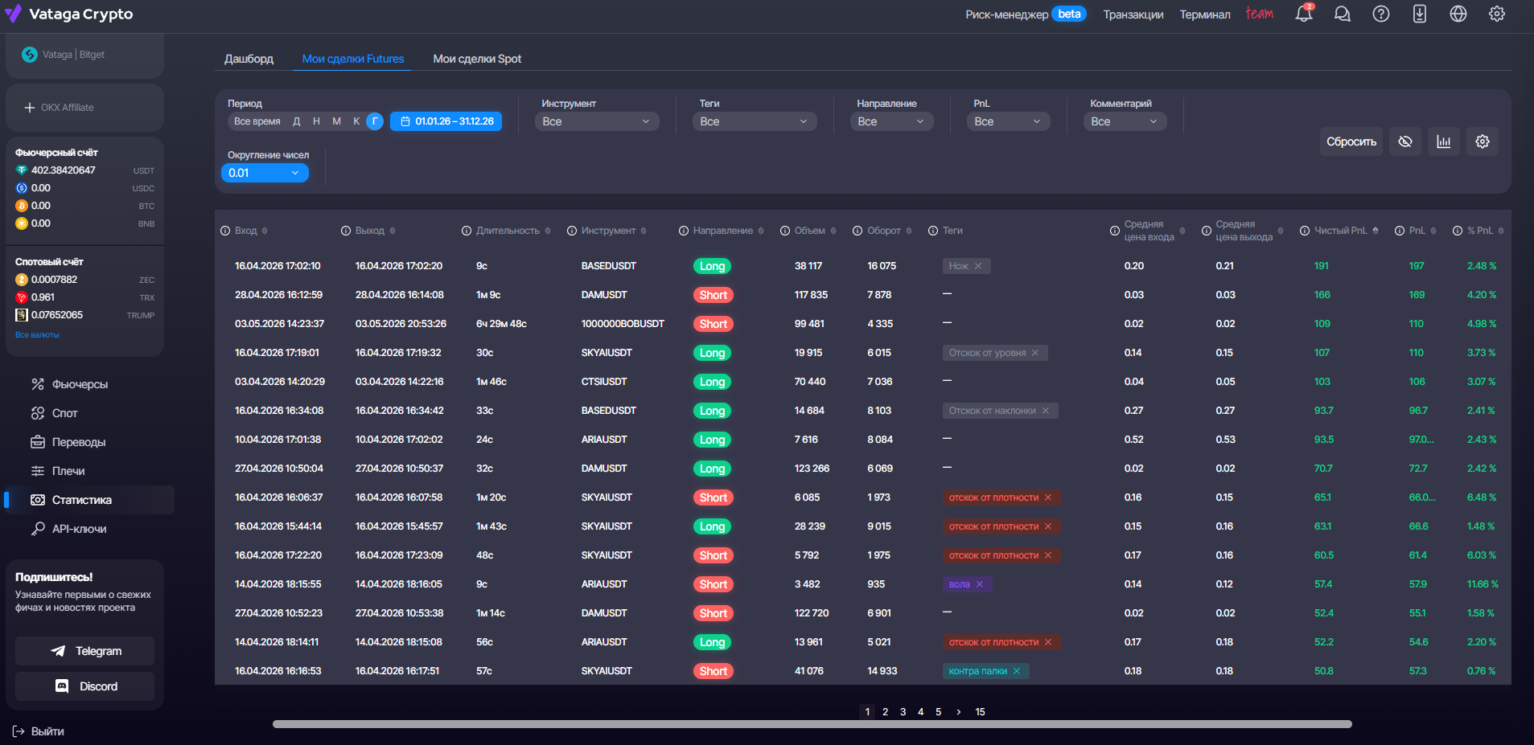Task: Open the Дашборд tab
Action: (249, 59)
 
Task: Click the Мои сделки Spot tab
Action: (477, 59)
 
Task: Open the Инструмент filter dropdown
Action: (597, 121)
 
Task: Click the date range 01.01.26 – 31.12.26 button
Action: (446, 121)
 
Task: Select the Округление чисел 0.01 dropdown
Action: (265, 173)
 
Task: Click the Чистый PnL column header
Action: (1340, 231)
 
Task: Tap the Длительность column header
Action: (507, 231)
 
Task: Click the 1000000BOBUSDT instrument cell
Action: (623, 324)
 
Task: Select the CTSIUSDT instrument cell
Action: (604, 382)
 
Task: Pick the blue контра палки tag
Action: (985, 671)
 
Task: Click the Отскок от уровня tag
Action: (995, 353)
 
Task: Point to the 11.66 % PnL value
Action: (1483, 584)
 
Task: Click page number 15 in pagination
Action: (980, 712)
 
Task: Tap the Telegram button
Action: (85, 651)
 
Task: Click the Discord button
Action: (85, 686)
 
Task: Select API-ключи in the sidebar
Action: (79, 529)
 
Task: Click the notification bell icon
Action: (1304, 14)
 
